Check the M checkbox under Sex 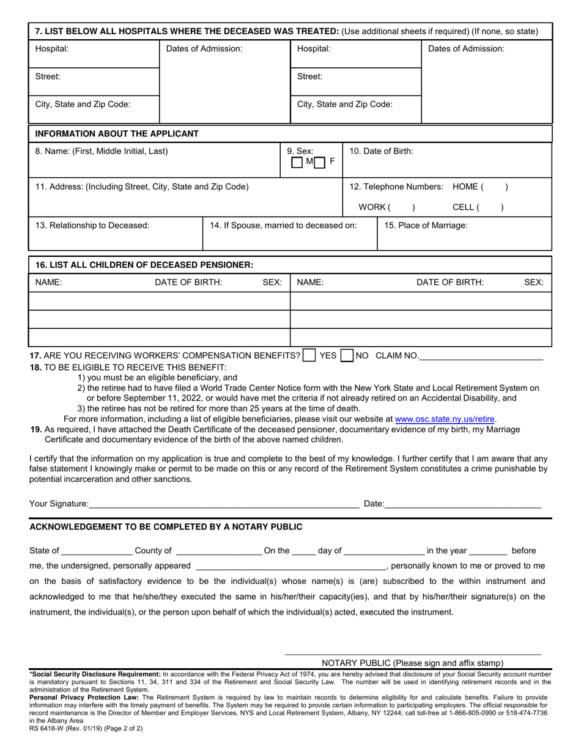(x=297, y=163)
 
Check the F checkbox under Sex (x=320, y=163)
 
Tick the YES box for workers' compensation (x=309, y=355)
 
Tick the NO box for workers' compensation (x=347, y=355)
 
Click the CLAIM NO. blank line (x=481, y=355)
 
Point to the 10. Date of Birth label (x=380, y=151)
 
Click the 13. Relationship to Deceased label (x=92, y=225)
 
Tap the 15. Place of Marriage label (x=426, y=225)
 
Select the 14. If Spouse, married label (x=283, y=225)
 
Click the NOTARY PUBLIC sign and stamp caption (x=412, y=663)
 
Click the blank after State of (x=97, y=549)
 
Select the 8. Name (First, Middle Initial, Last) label (x=102, y=151)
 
